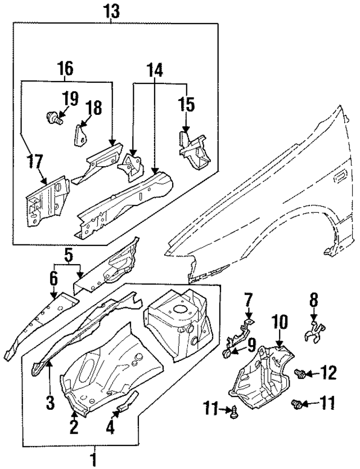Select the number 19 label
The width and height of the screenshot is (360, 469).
pyautogui.click(x=70, y=100)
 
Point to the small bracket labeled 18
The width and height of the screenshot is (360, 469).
pyautogui.click(x=82, y=133)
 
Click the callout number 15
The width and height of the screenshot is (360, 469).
pyautogui.click(x=186, y=105)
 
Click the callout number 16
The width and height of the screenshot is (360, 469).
pyautogui.click(x=65, y=69)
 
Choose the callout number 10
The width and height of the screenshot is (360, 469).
pyautogui.click(x=280, y=322)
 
